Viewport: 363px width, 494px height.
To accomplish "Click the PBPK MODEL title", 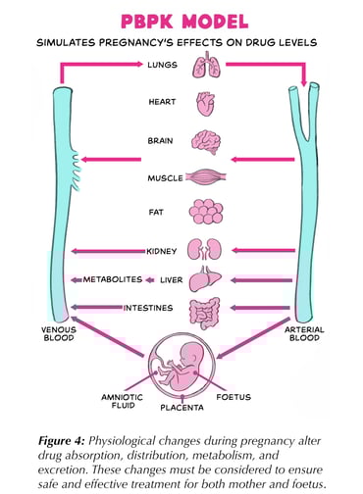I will (x=181, y=20).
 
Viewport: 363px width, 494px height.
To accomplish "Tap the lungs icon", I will (x=206, y=67).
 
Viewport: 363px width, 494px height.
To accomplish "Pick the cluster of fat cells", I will (x=206, y=212).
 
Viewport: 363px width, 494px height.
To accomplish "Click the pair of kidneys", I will (x=206, y=249).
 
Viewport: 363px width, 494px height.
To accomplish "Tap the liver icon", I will (x=206, y=279).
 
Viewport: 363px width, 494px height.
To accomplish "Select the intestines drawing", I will (x=206, y=309).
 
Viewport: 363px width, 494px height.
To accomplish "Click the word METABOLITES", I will (x=112, y=279).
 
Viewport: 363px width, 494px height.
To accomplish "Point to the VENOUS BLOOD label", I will (x=61, y=334).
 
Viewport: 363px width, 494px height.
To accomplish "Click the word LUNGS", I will (x=163, y=65).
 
